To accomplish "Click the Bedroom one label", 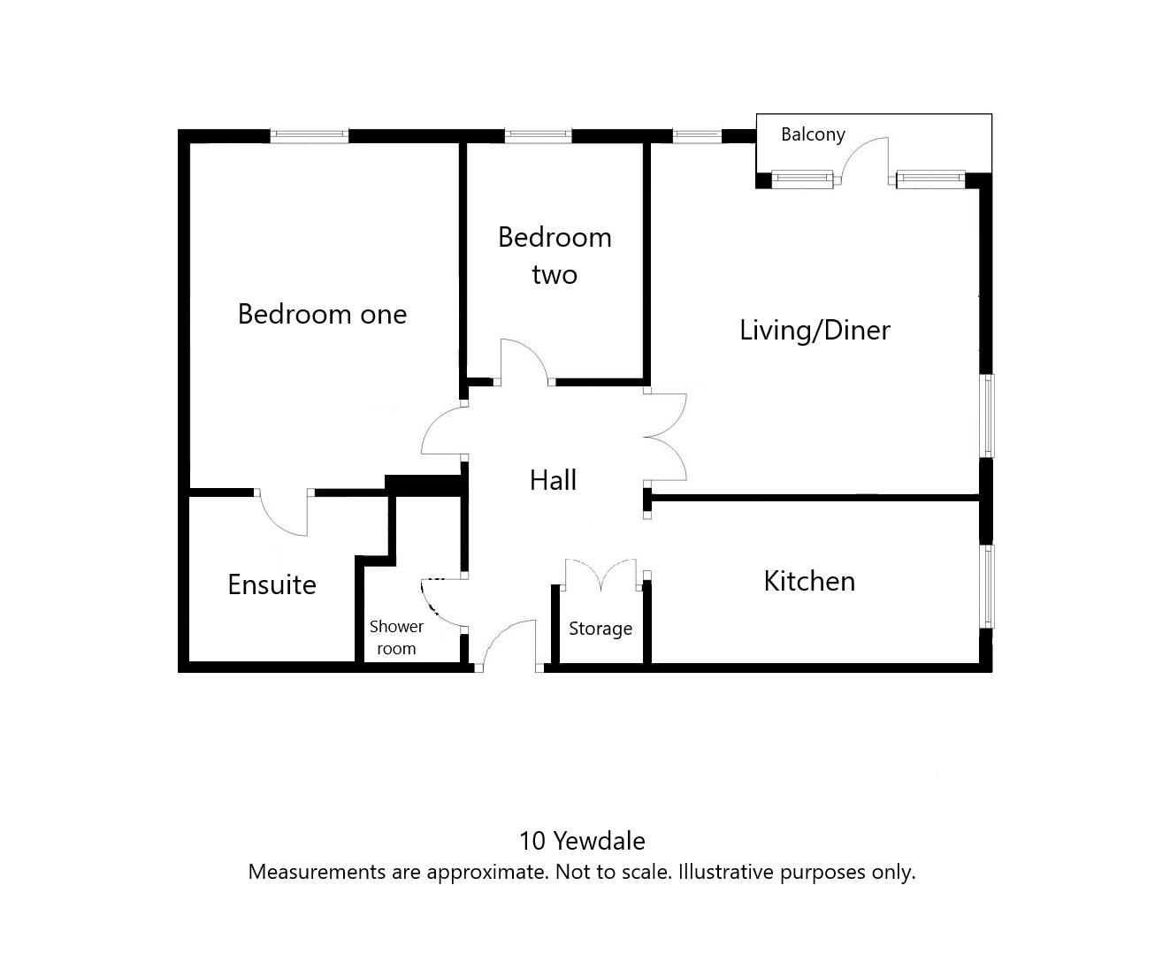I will coord(322,314).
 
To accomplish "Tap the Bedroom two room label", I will coord(555,256).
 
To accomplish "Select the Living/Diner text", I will coord(815,330).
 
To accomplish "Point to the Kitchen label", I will coord(809,581).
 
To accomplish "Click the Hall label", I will coord(553,480).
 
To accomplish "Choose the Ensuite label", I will coord(272,584).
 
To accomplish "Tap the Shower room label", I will coord(396,637).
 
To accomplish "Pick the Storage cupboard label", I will coord(600,629).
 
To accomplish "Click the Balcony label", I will coord(813,134).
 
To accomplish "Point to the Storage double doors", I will coord(600,573).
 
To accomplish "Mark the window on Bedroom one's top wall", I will coord(309,136).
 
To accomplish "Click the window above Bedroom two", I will coord(538,136).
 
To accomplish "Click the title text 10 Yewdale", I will coord(581,840).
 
